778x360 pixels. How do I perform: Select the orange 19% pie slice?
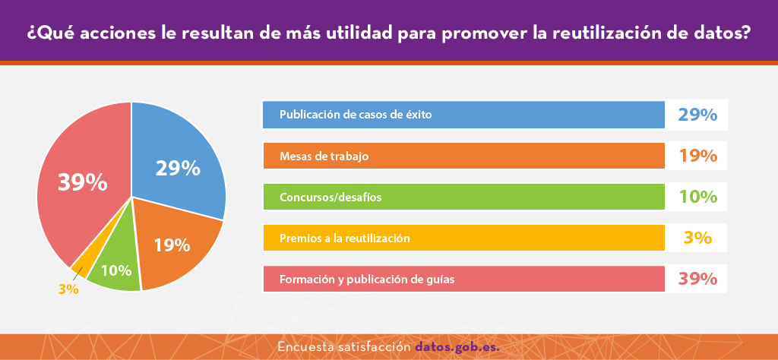(x=174, y=245)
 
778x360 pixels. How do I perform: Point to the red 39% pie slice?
(x=82, y=184)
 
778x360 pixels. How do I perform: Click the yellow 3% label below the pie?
(x=68, y=289)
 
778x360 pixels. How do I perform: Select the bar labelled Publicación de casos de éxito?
(x=463, y=115)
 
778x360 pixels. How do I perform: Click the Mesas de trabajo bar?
(x=463, y=156)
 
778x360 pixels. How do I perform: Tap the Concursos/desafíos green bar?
(x=463, y=197)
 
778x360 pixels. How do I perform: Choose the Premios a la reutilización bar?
(x=463, y=238)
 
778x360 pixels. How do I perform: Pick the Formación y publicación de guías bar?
(x=463, y=279)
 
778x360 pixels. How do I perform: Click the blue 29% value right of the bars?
(x=697, y=115)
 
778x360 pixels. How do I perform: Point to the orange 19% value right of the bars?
(x=697, y=156)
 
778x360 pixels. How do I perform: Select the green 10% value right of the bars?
(x=697, y=197)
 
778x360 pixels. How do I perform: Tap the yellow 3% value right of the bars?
(x=697, y=238)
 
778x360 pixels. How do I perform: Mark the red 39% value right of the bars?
(x=697, y=279)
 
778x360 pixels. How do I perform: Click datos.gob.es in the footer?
(x=457, y=346)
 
